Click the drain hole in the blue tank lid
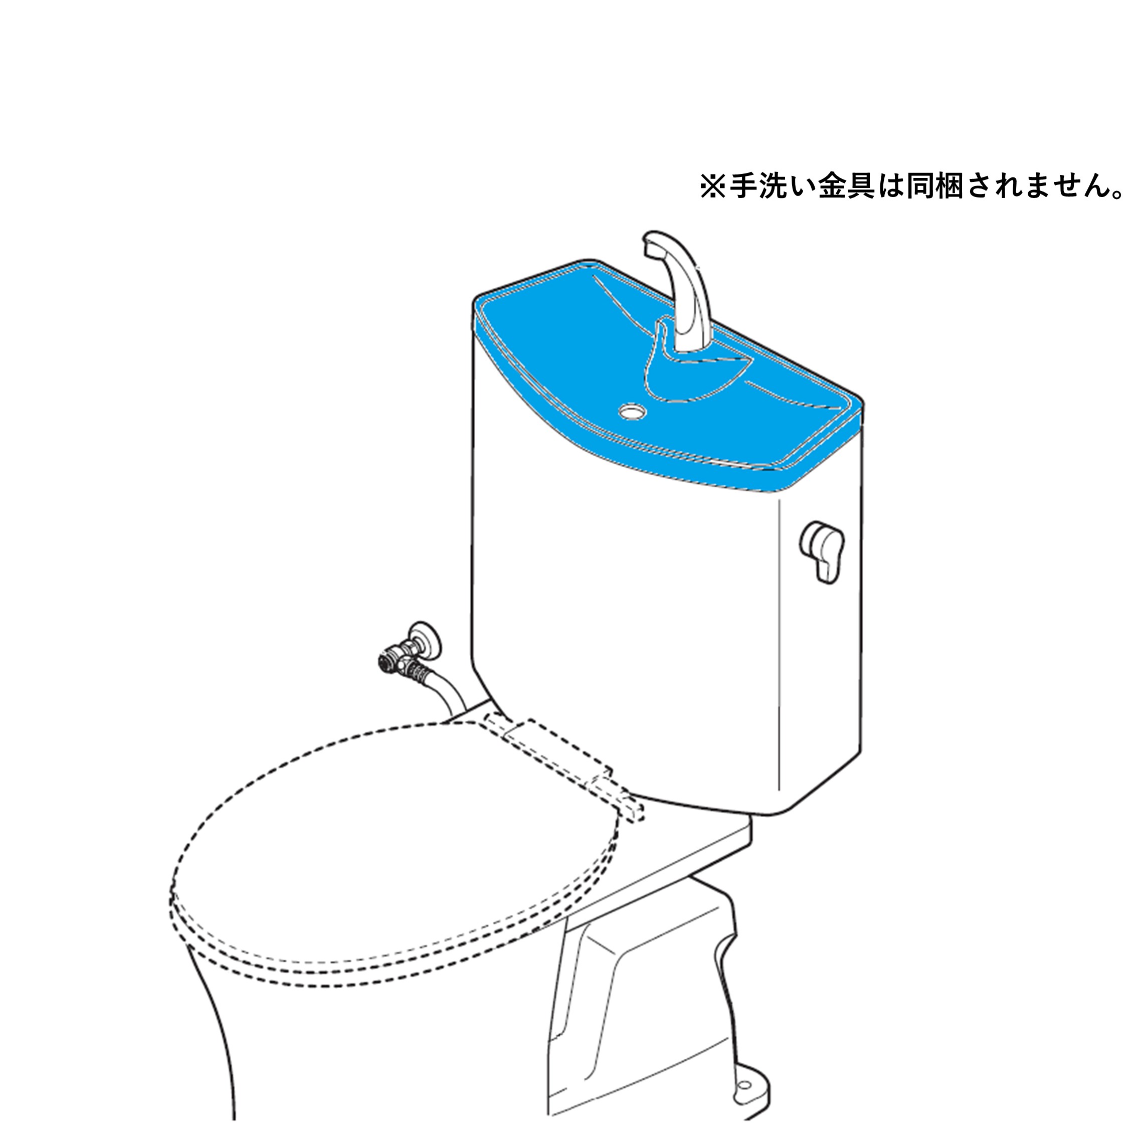coord(632,410)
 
